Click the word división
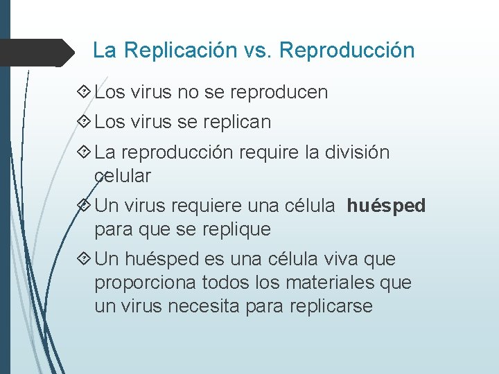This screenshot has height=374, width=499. click(x=358, y=152)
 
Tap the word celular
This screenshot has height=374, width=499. click(x=123, y=176)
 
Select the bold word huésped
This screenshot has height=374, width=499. click(x=386, y=206)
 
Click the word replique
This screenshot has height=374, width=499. click(x=235, y=229)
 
